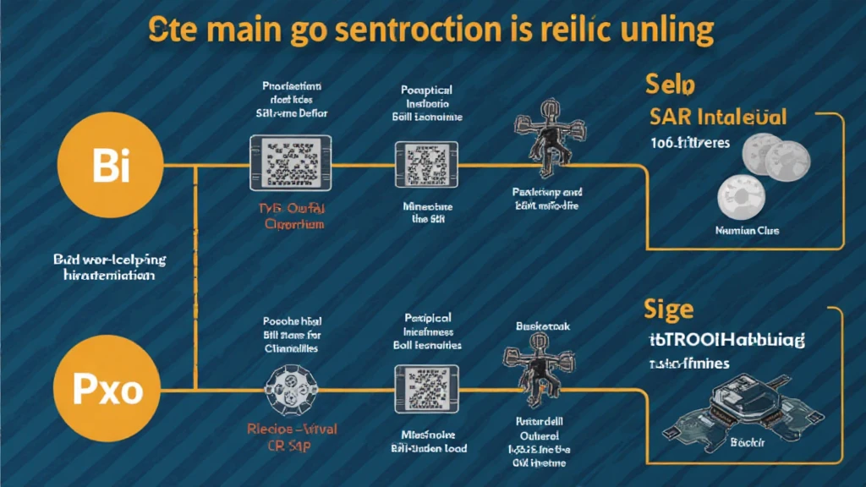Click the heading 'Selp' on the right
point(669,85)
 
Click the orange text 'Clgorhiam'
point(289,224)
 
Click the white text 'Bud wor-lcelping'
point(110,260)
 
